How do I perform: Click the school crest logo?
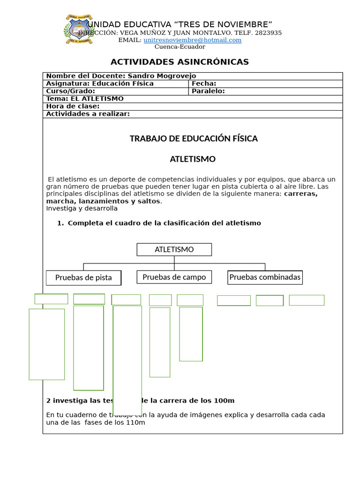[78, 30]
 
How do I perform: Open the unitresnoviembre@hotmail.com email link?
[192, 40]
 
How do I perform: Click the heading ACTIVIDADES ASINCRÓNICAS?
[180, 62]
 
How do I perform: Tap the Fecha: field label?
[204, 83]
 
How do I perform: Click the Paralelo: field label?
[208, 91]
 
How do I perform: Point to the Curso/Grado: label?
[70, 91]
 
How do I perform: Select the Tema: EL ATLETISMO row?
[85, 98]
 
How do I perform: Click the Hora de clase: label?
[73, 106]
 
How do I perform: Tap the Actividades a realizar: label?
[88, 113]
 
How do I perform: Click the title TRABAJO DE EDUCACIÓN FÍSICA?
[193, 139]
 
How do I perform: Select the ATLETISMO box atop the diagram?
[174, 249]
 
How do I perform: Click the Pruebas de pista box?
[83, 277]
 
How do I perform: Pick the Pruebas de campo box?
[174, 277]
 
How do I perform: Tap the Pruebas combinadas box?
[265, 277]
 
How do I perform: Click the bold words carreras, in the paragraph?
[300, 194]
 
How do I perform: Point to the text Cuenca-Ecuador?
[180, 46]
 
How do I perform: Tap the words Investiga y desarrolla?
[82, 208]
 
